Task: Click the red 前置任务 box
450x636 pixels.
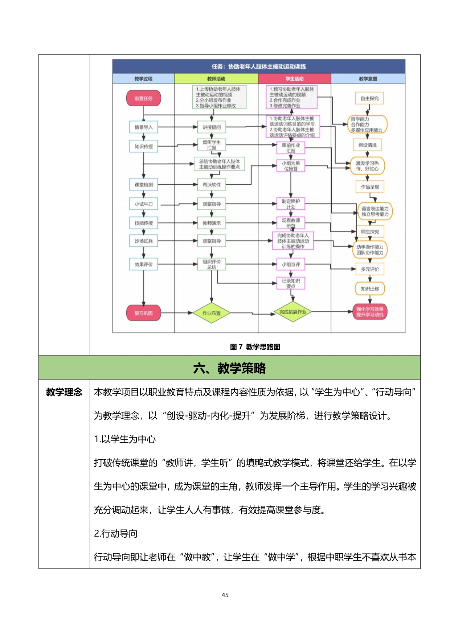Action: coord(143,98)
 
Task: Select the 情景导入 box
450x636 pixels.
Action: coord(144,127)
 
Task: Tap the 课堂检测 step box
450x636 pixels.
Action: coord(144,185)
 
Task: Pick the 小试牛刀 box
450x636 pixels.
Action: coord(144,204)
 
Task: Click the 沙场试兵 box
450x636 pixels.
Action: coord(144,241)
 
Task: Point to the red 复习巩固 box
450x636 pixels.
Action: coord(143,313)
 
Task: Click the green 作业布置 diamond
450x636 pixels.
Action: coord(212,313)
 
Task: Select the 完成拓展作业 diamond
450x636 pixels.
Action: coord(292,312)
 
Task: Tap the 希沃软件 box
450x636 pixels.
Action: coord(212,185)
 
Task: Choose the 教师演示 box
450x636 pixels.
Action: coord(212,223)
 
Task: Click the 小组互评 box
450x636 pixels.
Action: coord(291,264)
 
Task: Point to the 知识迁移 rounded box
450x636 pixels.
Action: coord(370,289)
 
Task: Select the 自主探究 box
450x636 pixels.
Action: coord(369,98)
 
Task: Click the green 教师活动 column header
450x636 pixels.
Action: coord(216,79)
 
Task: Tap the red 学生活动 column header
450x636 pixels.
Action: coord(294,79)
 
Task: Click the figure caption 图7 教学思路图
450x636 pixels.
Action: coord(255,347)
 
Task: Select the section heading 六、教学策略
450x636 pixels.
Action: coord(229,368)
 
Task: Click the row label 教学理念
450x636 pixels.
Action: coord(64,392)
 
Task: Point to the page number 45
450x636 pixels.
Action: coord(225,595)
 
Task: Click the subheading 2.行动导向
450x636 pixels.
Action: coord(116,533)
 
